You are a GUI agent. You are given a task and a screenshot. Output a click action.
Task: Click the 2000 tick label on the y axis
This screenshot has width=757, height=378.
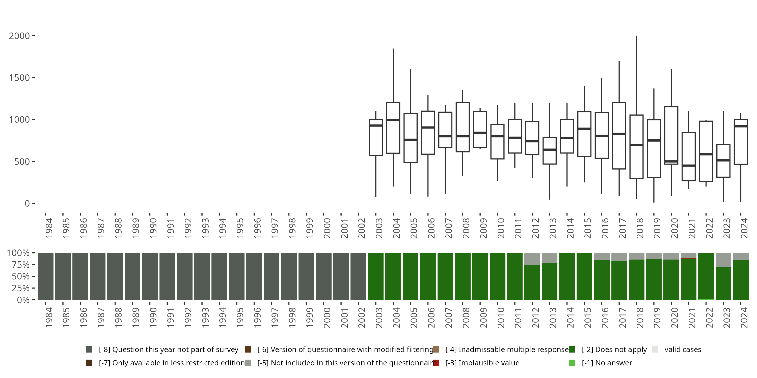(19, 36)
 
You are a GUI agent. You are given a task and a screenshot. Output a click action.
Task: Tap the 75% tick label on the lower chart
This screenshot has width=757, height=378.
(18, 265)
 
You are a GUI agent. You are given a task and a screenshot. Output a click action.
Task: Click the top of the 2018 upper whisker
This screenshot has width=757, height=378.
(637, 36)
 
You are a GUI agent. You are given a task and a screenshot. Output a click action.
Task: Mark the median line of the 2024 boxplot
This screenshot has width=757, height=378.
(741, 126)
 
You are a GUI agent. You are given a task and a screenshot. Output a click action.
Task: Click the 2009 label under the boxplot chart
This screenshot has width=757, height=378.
(483, 228)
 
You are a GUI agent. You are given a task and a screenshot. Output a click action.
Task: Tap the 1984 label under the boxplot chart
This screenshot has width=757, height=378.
(49, 228)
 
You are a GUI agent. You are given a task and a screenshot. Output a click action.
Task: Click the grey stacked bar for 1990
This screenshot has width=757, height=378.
(150, 276)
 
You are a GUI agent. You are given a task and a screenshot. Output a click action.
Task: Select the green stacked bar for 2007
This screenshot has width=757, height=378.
(445, 276)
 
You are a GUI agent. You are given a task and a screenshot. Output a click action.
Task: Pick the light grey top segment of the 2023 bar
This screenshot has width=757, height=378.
(723, 260)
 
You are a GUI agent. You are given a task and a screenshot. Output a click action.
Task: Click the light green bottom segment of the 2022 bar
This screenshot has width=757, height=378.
(706, 299)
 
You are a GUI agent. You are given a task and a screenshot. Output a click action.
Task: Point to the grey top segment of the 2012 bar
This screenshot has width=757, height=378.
(532, 259)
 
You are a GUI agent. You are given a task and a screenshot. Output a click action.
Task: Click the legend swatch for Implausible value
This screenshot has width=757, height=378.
(436, 363)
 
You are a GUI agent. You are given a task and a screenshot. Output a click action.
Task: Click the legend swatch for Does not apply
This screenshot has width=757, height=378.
(572, 350)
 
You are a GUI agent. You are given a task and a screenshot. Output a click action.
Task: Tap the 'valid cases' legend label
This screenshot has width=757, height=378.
(683, 350)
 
